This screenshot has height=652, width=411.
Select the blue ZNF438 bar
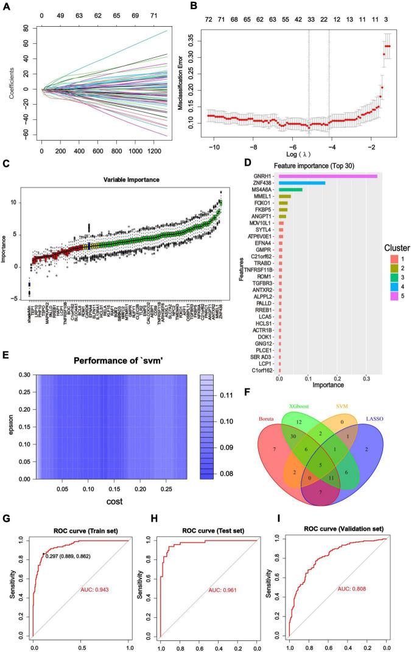pyautogui.click(x=302, y=183)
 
